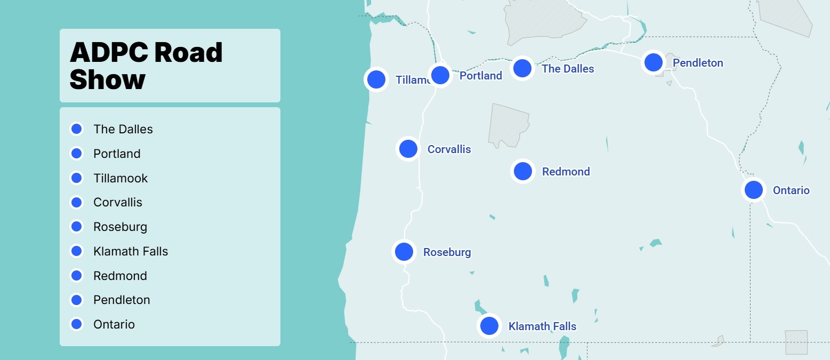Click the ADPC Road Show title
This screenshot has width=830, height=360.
(146, 66)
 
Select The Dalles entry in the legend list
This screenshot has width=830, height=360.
(123, 129)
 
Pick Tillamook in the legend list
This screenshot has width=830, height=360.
(120, 178)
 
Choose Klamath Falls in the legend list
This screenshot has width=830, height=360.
(131, 251)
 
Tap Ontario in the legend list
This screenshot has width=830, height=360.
(114, 324)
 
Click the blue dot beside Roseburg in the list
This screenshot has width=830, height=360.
(76, 227)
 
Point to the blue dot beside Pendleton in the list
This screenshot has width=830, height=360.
(76, 300)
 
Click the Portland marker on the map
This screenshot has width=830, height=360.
(440, 75)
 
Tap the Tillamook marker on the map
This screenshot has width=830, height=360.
(376, 79)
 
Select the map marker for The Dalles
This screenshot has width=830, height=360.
(522, 68)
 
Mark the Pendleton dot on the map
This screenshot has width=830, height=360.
(653, 62)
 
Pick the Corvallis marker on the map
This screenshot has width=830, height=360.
(408, 148)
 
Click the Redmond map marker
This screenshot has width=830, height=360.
(522, 171)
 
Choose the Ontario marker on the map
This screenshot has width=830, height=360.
(753, 190)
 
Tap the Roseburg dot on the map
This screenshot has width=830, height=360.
(404, 252)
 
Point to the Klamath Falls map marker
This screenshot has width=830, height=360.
(489, 325)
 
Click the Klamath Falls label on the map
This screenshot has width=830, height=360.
(542, 326)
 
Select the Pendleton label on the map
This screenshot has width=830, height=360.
(698, 63)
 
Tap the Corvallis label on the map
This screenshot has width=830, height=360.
(449, 149)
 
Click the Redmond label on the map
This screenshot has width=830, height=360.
(566, 172)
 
